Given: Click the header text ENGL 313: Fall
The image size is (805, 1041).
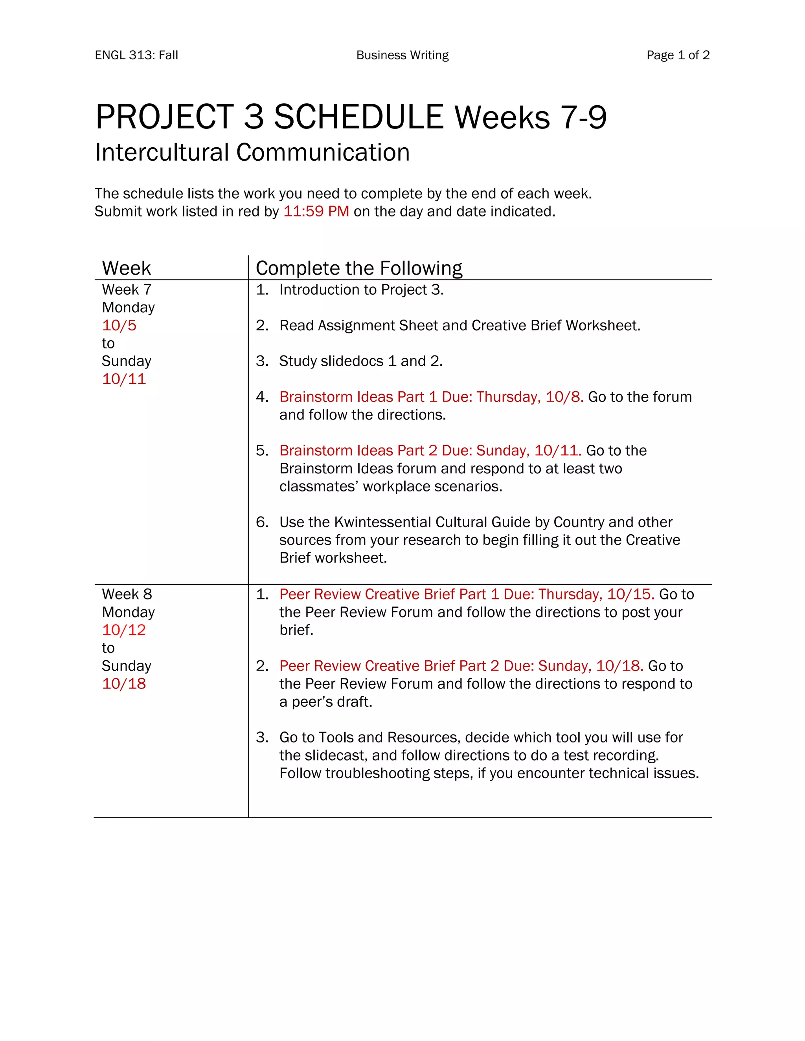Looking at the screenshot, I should tap(136, 55).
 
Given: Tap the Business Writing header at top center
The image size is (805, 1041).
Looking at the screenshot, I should tap(402, 55).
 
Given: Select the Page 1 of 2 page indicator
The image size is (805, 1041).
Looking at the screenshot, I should tap(678, 55).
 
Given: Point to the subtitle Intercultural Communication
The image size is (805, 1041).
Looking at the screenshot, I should tap(252, 152).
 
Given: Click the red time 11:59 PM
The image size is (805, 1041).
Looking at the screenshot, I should tap(316, 211).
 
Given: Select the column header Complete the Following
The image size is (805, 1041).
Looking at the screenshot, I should tap(358, 268).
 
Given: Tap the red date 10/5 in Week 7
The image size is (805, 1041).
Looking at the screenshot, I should tap(119, 326).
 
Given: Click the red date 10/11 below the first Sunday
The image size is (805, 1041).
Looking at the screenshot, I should tap(124, 379).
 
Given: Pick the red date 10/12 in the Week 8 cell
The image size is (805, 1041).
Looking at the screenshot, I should tap(124, 630).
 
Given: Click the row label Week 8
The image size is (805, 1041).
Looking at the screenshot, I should tap(127, 594).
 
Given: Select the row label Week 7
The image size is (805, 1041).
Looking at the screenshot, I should tap(127, 290).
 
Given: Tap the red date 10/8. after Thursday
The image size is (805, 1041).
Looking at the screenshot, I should tap(565, 397).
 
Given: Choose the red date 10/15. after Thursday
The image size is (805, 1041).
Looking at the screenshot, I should tap(630, 594).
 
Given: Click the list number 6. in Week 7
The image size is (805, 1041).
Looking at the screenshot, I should tap(262, 522).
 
